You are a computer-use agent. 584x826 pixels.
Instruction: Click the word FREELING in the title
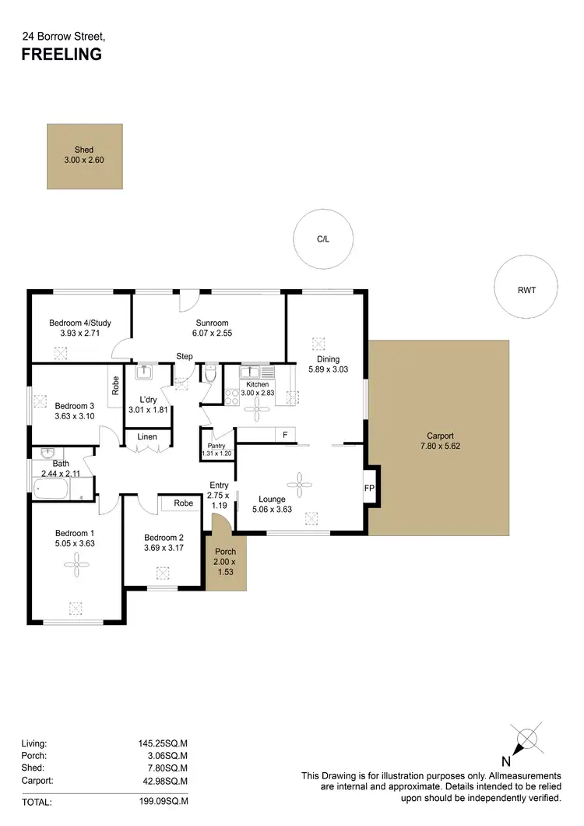[x=61, y=55]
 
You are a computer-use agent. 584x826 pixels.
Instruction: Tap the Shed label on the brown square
[x=84, y=150]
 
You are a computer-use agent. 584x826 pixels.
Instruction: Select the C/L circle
[x=323, y=240]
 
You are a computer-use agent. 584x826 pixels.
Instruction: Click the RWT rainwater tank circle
[x=526, y=290]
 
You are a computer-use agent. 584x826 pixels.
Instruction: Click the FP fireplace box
[x=369, y=488]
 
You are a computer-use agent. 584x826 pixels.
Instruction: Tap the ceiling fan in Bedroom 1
[x=76, y=566]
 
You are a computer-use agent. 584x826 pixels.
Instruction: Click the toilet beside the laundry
[x=210, y=375]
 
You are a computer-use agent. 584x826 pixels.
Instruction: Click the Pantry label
[x=216, y=445]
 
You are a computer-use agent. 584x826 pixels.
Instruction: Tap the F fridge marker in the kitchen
[x=285, y=434]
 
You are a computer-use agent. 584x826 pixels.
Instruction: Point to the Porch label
[x=225, y=552]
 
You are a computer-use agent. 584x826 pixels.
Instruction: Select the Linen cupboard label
[x=147, y=437]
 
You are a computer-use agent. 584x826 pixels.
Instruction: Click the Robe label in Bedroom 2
[x=184, y=503]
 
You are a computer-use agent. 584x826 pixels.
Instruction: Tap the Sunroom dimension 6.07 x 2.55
[x=212, y=333]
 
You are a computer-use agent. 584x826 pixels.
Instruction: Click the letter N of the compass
[x=505, y=761]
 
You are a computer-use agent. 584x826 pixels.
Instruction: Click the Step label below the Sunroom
[x=185, y=356]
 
